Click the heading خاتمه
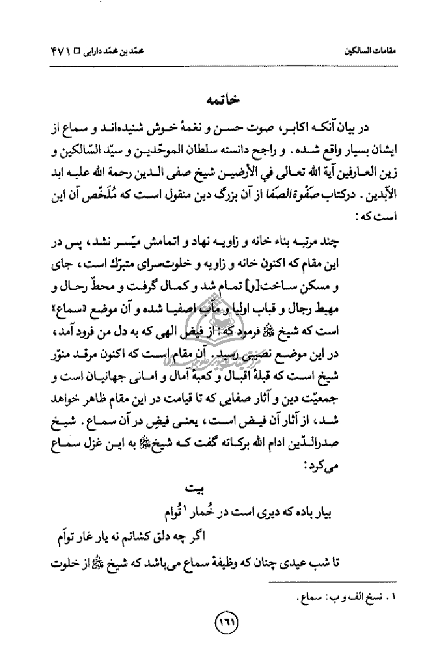point(217,100)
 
